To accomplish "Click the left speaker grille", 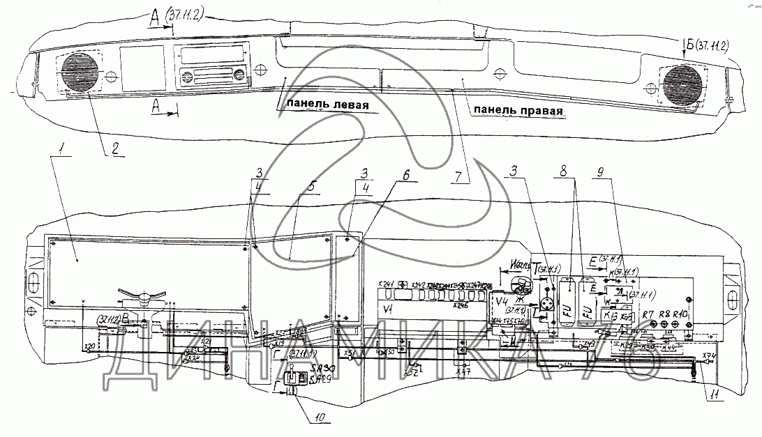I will coord(81,72).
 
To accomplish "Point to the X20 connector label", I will coord(89,346).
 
